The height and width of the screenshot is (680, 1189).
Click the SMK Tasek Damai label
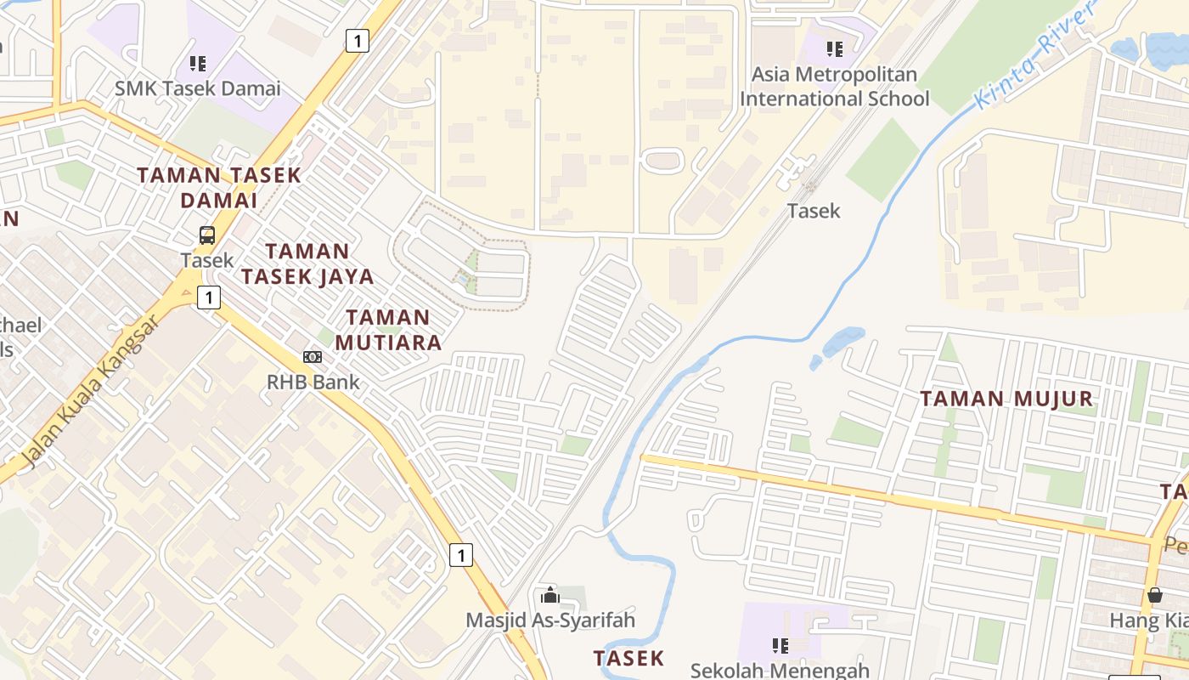[198, 88]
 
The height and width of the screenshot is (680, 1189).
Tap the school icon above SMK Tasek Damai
[198, 63]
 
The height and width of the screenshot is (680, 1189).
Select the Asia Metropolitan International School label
[834, 87]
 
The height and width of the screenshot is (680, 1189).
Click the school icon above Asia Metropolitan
[835, 49]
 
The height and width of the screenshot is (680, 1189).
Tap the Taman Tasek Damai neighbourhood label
[219, 188]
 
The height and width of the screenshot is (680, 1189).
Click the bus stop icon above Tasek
[207, 235]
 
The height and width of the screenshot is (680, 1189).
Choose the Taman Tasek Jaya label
[307, 263]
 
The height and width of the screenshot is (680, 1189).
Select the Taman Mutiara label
[389, 330]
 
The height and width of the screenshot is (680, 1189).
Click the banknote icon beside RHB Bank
[313, 357]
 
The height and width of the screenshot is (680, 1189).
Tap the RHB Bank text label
[313, 382]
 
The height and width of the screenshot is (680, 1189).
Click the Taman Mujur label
[1006, 398]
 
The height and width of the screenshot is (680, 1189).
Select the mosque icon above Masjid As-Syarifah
[549, 595]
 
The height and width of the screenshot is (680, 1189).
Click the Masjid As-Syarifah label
[549, 620]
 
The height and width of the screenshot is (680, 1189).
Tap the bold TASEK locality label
[628, 658]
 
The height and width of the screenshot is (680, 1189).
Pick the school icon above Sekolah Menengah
[780, 645]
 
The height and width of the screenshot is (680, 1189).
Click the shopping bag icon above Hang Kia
[1154, 595]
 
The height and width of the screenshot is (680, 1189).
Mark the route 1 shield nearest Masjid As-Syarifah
[460, 555]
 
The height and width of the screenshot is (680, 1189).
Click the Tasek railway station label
[814, 211]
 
